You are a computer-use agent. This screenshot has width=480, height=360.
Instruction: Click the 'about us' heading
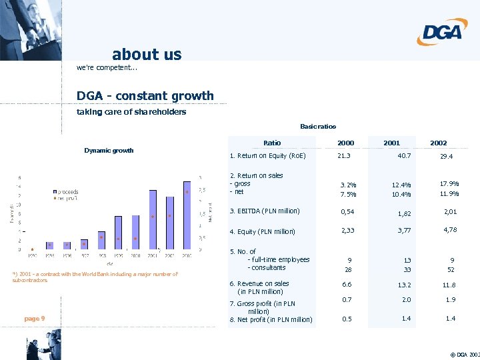147,55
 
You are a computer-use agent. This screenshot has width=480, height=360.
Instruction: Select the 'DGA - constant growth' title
145,96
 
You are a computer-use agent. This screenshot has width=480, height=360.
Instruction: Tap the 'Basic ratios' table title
318,127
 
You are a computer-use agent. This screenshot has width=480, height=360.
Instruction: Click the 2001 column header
392,143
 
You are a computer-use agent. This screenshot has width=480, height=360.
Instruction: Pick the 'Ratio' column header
272,143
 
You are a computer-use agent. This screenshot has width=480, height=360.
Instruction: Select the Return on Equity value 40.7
403,156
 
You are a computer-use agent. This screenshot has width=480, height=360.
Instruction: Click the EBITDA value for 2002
451,213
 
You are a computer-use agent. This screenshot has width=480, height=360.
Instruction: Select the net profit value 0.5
347,319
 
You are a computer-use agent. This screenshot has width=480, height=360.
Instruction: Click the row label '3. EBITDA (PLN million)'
265,211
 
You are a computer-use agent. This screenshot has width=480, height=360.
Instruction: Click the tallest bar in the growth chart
153,220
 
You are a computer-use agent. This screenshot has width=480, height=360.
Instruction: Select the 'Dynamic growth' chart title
109,151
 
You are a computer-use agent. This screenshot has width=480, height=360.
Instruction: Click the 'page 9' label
34,319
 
